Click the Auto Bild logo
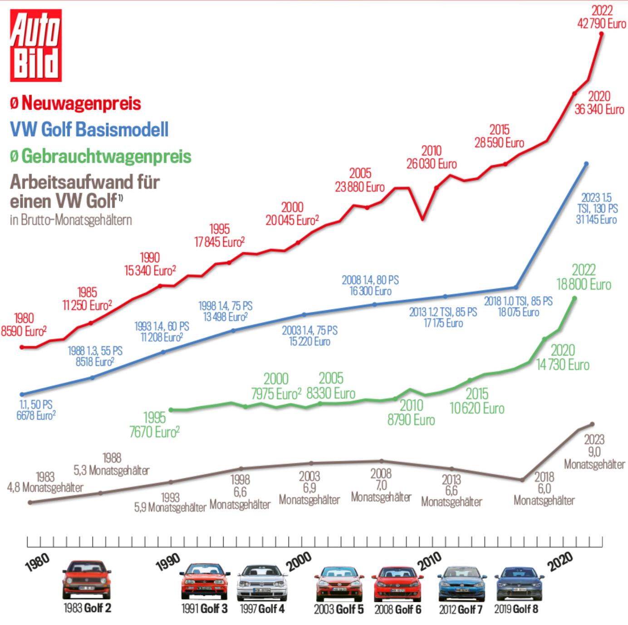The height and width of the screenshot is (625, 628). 36,45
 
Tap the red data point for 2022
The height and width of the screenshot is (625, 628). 602,34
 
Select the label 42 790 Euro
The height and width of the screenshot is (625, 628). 602,24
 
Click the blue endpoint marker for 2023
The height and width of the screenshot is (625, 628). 586,164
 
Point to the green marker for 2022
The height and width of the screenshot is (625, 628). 574,299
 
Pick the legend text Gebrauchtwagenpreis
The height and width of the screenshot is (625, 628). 106,156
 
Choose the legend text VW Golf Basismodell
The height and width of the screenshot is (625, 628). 89,129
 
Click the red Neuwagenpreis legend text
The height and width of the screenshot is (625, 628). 81,103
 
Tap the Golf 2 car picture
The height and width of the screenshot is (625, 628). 86,580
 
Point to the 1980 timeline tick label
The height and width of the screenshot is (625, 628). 37,562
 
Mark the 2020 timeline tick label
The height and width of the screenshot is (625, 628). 560,562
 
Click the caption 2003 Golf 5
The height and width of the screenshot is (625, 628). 339,609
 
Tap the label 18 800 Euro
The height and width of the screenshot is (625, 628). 584,285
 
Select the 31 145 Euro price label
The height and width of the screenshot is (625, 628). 596,220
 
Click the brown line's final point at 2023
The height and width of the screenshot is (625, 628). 592,424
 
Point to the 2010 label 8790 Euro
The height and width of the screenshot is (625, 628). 411,420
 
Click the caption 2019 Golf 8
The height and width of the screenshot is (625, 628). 516,609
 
